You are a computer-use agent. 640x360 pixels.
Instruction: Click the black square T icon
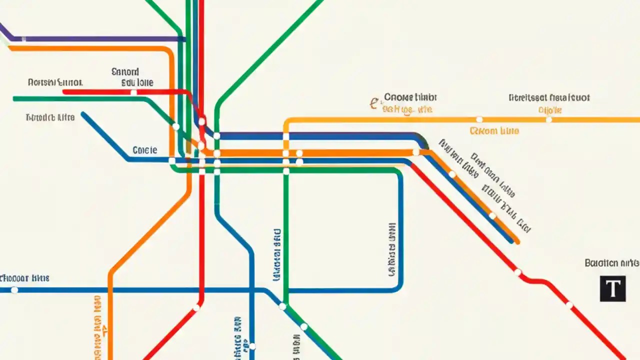click(612, 289)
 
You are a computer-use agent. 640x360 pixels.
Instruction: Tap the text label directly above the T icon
click(612, 262)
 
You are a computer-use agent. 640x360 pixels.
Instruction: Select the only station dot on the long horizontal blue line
click(14, 290)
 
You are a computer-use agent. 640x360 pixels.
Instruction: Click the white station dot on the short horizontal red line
click(133, 92)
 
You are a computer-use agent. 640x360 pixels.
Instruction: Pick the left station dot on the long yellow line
click(479, 119)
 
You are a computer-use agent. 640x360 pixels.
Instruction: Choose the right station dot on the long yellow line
click(548, 119)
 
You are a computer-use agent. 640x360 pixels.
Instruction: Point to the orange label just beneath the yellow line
click(494, 131)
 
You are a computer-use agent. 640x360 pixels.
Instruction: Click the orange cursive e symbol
click(373, 103)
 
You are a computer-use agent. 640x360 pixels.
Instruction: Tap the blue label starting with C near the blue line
click(145, 150)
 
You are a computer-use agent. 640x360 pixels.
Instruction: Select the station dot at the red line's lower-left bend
click(196, 308)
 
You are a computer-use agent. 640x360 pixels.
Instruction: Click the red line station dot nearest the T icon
click(569, 304)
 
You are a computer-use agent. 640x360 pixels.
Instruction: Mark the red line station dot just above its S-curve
click(518, 272)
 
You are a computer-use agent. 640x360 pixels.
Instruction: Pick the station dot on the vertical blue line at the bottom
click(252, 346)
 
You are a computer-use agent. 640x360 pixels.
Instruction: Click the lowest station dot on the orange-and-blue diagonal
click(492, 216)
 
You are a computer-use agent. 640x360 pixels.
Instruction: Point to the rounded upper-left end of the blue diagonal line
click(83, 114)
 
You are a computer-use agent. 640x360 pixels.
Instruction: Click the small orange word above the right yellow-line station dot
click(550, 110)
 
